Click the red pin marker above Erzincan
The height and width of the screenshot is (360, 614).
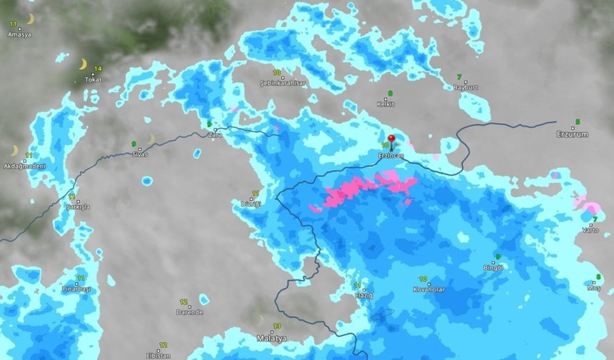pos(391,139)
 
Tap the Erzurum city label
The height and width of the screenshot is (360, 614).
pos(573,134)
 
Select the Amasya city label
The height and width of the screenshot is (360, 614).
pos(19,34)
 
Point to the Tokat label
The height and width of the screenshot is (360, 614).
pos(92,79)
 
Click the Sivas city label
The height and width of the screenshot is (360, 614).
pos(140,154)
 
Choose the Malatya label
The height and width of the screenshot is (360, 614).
pos(271,337)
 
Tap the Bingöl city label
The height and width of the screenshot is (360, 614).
pos(493,267)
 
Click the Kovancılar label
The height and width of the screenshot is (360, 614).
pos(428,289)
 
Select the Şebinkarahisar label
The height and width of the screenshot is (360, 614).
pos(283,84)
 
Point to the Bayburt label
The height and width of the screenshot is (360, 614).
pos(465,87)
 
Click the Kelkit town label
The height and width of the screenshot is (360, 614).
pos(386,104)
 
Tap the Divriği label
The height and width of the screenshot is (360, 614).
pos(251,204)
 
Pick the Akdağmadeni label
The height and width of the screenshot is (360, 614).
pos(24,166)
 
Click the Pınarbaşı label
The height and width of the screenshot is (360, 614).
pos(76,289)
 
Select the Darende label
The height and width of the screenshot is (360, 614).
pos(190,312)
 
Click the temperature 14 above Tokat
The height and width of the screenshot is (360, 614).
pos(97,69)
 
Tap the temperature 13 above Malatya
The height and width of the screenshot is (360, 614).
pos(277,326)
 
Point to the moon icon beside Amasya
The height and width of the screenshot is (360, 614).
pos(30,19)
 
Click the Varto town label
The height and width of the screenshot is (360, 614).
pos(590,230)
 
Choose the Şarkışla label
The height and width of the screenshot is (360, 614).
pos(78,206)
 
